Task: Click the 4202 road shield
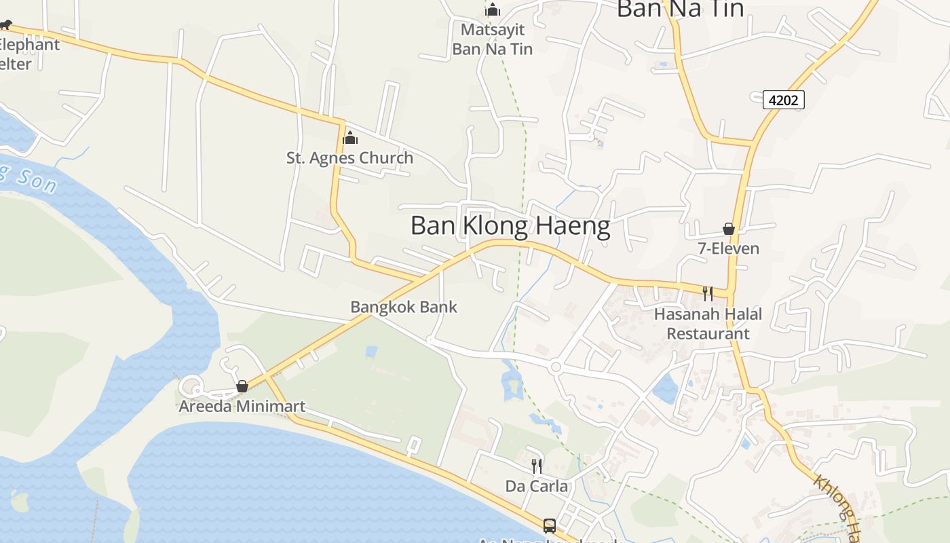point(784,100)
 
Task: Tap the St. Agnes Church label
point(349,158)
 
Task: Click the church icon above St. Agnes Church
point(350,138)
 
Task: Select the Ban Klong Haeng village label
point(510,226)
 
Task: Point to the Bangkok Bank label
point(404,307)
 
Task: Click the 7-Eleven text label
point(729,248)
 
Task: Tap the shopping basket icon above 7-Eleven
point(729,229)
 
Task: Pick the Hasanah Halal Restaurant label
point(708,324)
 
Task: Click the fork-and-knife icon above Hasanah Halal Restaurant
point(707,293)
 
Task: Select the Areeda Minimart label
point(242,407)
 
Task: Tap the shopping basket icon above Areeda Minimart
point(242,387)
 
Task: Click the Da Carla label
point(536,486)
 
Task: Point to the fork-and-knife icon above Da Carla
point(536,466)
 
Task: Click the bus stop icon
point(549,525)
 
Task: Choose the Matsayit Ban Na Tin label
point(492,39)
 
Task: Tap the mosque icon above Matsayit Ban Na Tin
point(493,10)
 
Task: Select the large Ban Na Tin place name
point(680,9)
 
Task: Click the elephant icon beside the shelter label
point(5,25)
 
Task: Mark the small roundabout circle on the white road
point(556,367)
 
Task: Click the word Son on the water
point(35,179)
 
